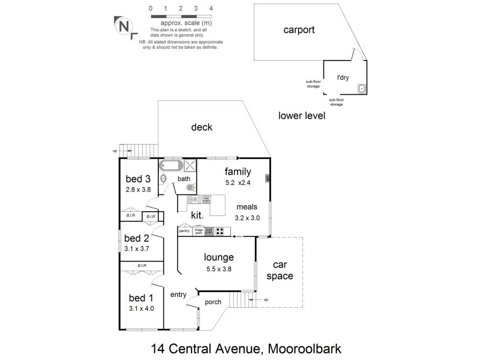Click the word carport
pyautogui.click(x=299, y=29)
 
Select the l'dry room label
pyautogui.click(x=343, y=77)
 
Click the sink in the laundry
pyautogui.click(x=362, y=89)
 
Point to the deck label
pyautogui.click(x=202, y=127)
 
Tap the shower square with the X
pyautogui.click(x=190, y=166)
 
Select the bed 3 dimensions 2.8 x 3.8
pyautogui.click(x=138, y=190)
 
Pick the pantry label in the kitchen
pyautogui.click(x=184, y=230)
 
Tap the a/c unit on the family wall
pyautogui.click(x=268, y=178)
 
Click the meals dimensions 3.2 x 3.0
pyautogui.click(x=247, y=218)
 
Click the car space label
pyautogui.click(x=282, y=270)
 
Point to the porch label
pyautogui.click(x=213, y=302)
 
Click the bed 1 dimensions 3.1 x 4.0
pyautogui.click(x=142, y=309)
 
